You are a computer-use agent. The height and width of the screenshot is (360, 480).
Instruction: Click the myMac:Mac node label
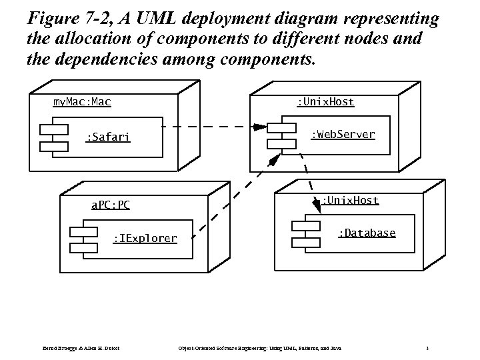tap(82, 102)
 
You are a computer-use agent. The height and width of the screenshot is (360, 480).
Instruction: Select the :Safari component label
tap(108, 138)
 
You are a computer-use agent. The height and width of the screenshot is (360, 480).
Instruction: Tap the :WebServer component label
tap(343, 135)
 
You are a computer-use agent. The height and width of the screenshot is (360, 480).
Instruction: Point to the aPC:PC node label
tap(110, 205)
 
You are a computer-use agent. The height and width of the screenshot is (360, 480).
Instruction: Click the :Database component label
tap(366, 233)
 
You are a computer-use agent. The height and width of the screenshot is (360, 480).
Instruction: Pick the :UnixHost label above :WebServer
tap(325, 102)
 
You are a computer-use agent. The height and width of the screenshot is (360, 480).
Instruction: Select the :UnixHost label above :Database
tap(350, 200)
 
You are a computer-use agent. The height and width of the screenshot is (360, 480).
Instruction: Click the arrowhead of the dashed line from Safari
tap(259, 127)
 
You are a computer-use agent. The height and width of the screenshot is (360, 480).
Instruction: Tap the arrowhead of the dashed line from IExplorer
tap(273, 160)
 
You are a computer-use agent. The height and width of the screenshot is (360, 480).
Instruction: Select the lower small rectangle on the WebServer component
tap(281, 143)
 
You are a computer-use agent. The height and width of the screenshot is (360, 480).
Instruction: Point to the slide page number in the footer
tap(426, 348)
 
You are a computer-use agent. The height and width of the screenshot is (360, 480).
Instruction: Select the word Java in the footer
tap(335, 348)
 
